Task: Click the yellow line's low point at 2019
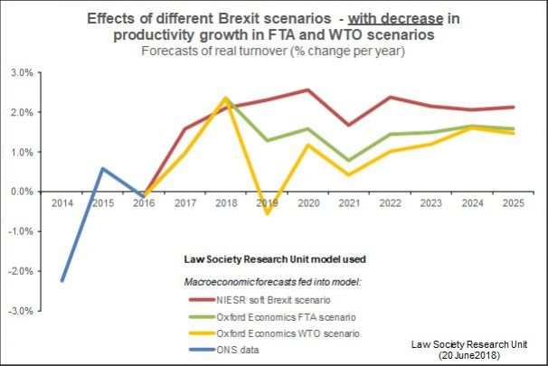coord(267,213)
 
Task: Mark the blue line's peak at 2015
coord(102,168)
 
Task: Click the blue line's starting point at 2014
coord(61,280)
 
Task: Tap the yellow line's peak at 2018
coord(225,98)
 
